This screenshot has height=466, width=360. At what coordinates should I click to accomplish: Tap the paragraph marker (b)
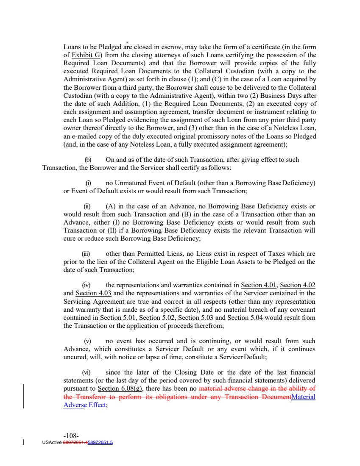[88, 160]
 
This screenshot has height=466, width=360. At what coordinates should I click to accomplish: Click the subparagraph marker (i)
[88, 183]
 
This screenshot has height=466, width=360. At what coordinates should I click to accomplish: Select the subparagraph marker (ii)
[88, 206]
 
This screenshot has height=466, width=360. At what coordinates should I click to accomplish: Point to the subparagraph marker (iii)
[87, 254]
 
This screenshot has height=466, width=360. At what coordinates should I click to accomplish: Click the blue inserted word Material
[304, 396]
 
